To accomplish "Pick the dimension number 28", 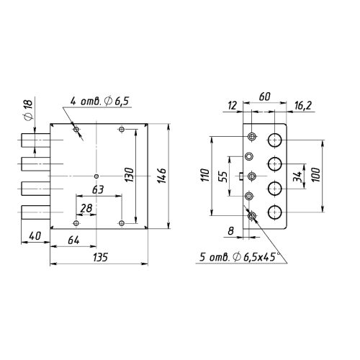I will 86,209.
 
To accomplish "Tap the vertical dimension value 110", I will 205,176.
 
